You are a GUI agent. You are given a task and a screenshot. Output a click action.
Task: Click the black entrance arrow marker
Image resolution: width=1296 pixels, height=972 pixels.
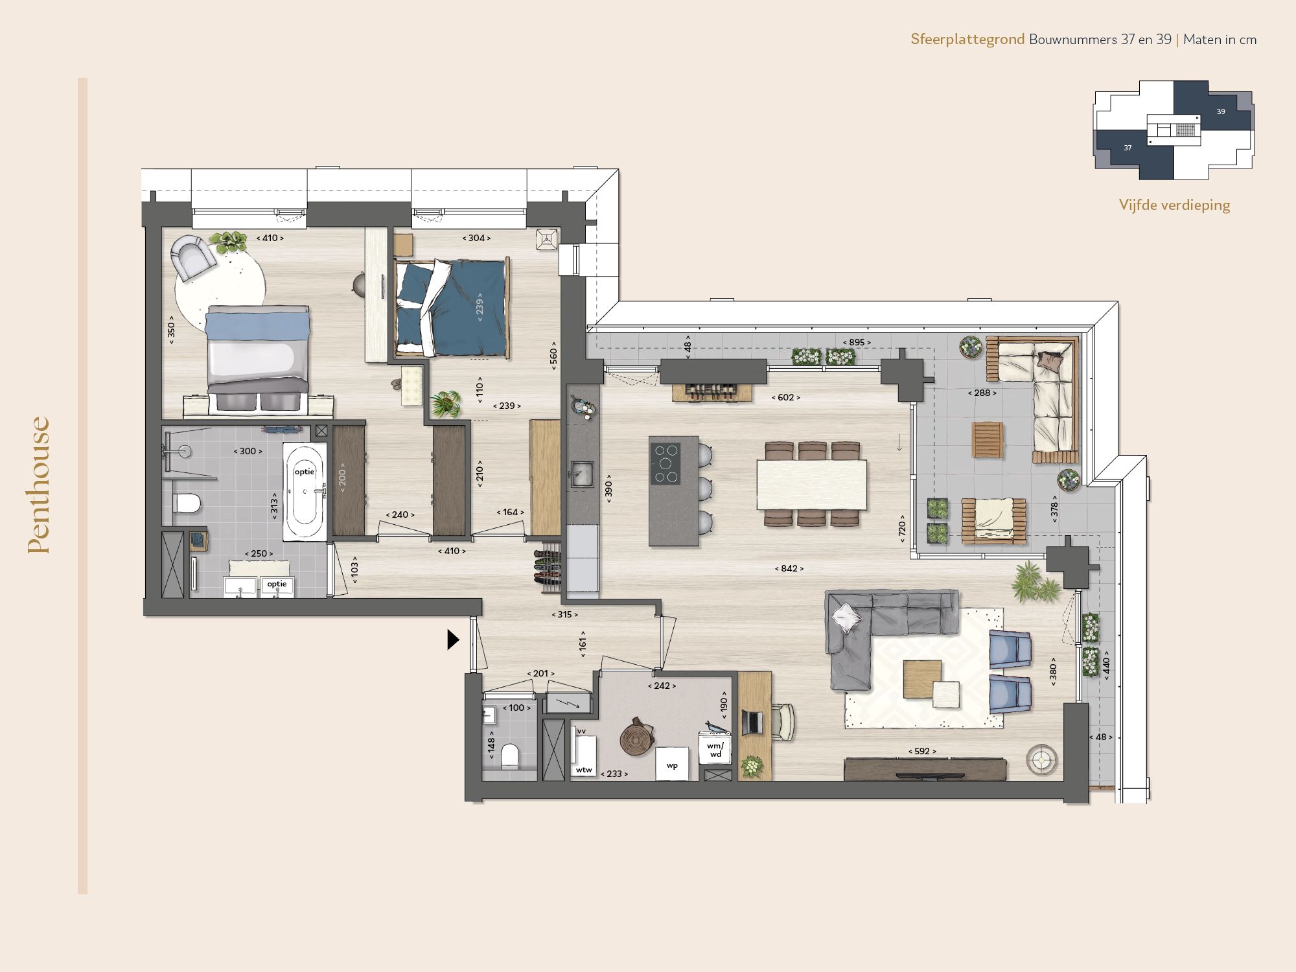tap(453, 640)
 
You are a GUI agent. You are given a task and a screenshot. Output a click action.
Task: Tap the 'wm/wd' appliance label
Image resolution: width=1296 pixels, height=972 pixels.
tap(715, 750)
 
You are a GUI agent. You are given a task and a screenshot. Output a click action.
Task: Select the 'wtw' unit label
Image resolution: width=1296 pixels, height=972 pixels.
tap(584, 770)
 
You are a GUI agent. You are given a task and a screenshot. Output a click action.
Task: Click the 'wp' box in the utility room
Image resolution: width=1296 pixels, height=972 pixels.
tap(672, 765)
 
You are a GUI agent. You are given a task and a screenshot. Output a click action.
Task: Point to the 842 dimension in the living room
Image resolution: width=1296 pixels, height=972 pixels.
tap(789, 568)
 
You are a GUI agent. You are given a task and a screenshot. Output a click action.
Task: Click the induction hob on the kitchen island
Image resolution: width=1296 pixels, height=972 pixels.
tap(665, 463)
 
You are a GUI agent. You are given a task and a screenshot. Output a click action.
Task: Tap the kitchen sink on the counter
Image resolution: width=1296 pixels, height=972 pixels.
tap(581, 474)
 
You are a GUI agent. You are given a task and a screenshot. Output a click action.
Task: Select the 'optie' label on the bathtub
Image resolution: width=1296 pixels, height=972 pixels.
tap(304, 472)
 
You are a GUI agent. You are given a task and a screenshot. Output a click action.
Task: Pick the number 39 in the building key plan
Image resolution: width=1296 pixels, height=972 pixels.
tap(1220, 111)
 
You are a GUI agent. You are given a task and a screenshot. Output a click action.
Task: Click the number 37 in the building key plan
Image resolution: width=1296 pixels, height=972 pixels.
tap(1128, 148)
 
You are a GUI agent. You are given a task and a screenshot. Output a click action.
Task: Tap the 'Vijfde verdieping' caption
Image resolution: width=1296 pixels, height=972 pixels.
tap(1174, 205)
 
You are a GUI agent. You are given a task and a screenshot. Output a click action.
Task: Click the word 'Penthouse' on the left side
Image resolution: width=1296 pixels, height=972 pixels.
tap(39, 485)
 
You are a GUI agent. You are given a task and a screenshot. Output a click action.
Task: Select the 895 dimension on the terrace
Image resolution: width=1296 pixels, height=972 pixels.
tap(857, 342)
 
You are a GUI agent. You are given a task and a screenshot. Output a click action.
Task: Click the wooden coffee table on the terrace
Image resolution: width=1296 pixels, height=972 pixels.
tap(988, 440)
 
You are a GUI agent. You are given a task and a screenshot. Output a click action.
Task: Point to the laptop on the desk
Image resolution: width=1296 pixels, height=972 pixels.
tap(752, 722)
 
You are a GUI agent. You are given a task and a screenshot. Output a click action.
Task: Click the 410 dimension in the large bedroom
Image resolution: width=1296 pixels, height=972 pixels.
tap(270, 238)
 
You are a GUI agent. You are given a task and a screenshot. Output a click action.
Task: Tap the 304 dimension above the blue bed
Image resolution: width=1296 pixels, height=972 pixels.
tap(476, 238)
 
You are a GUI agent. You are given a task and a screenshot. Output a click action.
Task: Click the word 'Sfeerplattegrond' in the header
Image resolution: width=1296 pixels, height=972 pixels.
tap(967, 39)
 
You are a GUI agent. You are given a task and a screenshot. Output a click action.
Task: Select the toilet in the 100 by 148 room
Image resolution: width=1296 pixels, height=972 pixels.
tap(510, 756)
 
